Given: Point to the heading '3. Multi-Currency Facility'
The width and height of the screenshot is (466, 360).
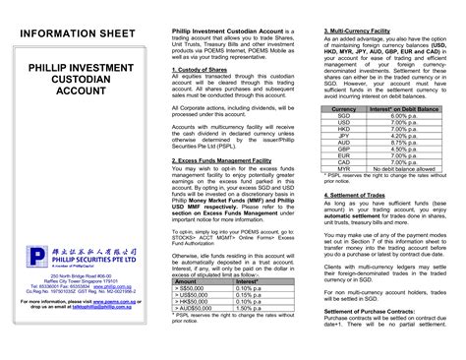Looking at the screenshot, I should coord(363,31).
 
